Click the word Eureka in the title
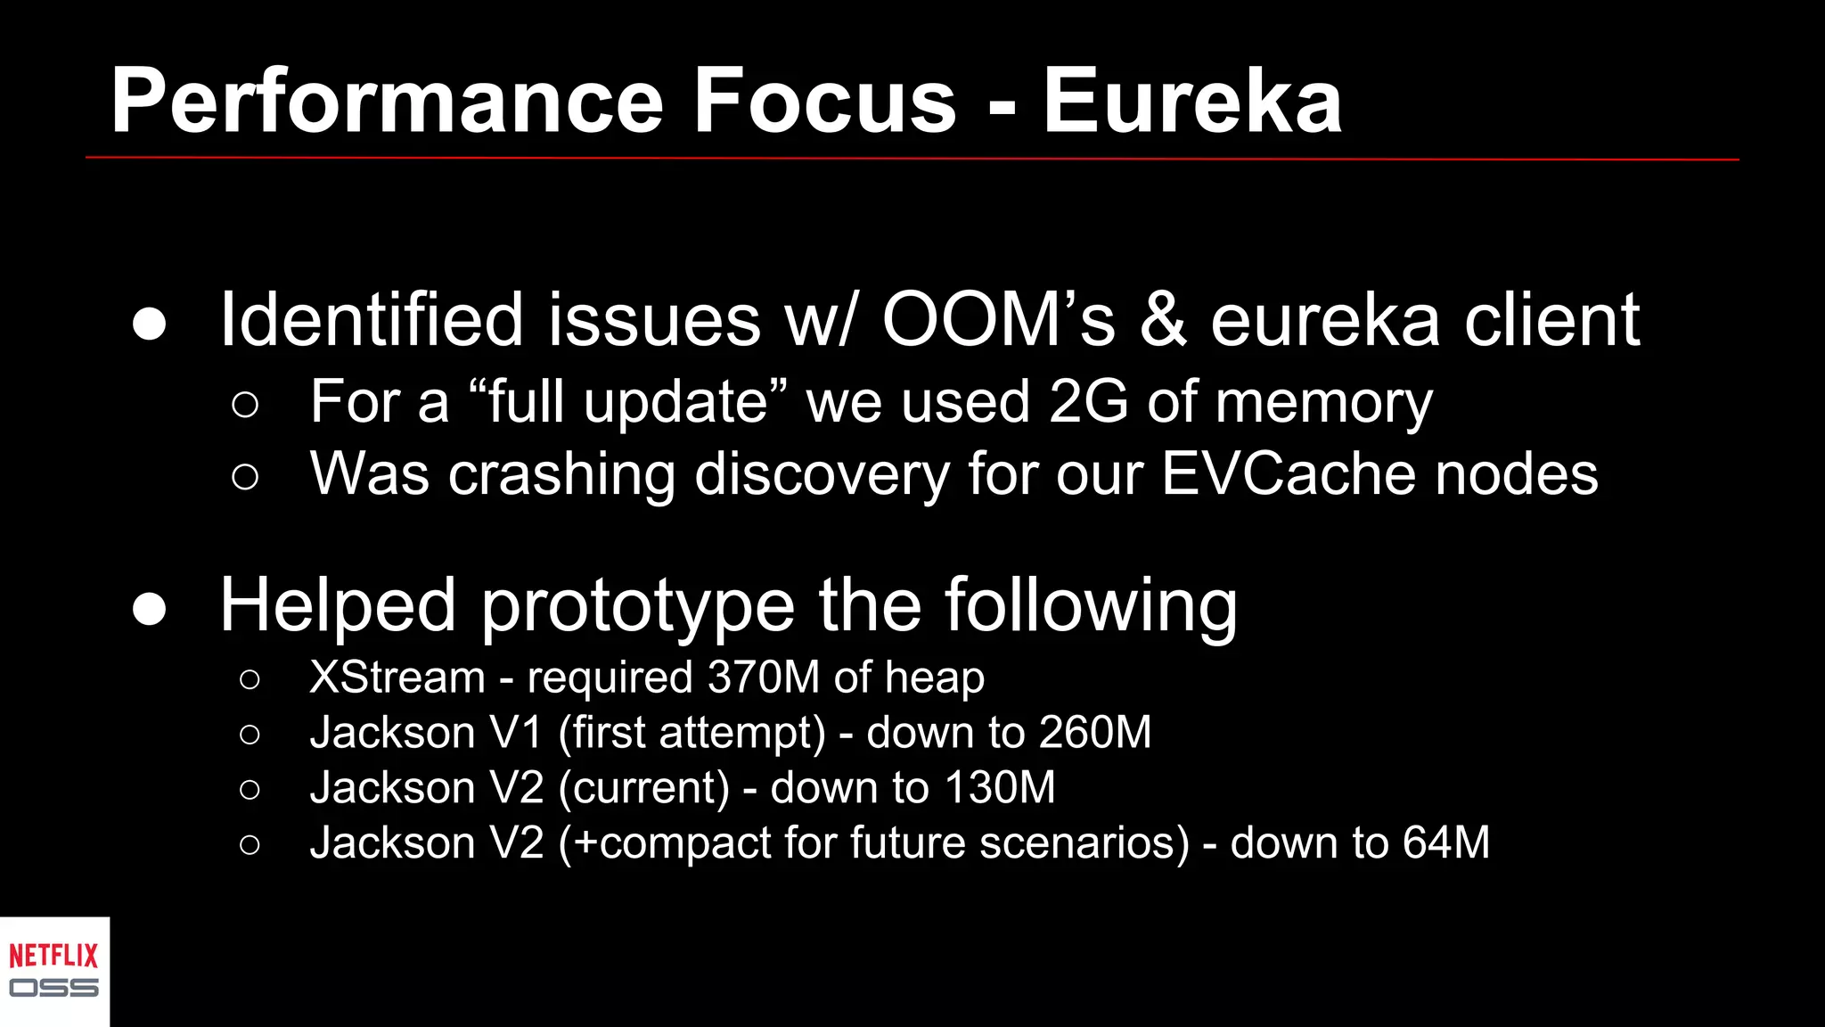click(1192, 102)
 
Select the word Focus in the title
click(824, 102)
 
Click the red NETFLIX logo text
click(53, 957)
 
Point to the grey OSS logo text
click(53, 988)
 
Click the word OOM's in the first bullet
click(998, 320)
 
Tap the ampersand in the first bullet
click(1163, 320)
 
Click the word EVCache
click(1289, 473)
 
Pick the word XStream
click(397, 678)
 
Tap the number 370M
click(763, 678)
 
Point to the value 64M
click(1445, 843)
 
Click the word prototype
click(637, 607)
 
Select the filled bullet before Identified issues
click(149, 325)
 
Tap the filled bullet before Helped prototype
click(149, 610)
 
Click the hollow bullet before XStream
click(250, 680)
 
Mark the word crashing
click(561, 475)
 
